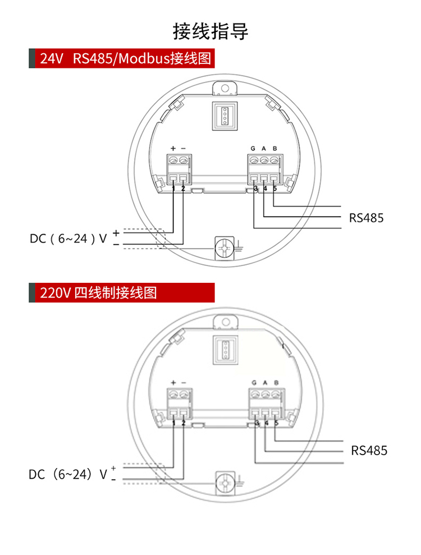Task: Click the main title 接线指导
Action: click(210, 31)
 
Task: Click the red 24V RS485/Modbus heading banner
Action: click(122, 58)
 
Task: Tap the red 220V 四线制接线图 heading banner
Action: click(122, 293)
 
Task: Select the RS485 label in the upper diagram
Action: click(366, 218)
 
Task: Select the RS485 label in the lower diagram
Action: click(369, 451)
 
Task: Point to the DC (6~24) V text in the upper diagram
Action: click(68, 238)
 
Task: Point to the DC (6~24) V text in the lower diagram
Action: click(67, 474)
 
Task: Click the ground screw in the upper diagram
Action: click(225, 248)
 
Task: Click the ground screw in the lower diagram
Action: click(225, 483)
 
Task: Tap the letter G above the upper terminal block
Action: click(253, 149)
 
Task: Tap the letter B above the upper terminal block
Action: click(274, 149)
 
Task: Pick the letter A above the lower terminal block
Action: click(265, 383)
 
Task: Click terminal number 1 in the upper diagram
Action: click(173, 189)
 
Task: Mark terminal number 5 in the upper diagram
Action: click(274, 189)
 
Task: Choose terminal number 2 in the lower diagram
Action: click(184, 423)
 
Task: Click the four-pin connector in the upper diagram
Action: click(225, 116)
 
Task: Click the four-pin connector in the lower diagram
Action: click(225, 350)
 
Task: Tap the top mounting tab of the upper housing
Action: click(225, 88)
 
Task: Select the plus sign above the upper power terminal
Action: click(173, 148)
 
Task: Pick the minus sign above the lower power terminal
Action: click(184, 383)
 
